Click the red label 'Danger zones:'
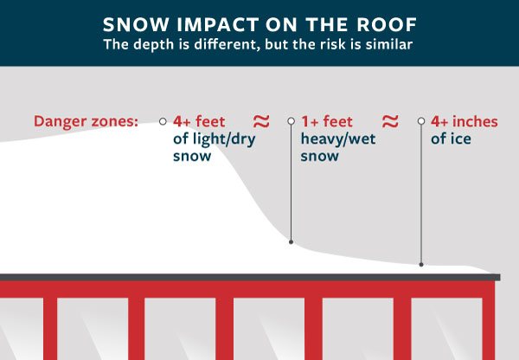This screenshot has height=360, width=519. (x=86, y=121)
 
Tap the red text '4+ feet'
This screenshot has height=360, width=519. (x=199, y=122)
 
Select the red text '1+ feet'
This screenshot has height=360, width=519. (x=327, y=122)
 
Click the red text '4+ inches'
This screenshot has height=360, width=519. (x=464, y=122)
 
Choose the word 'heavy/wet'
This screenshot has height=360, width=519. (x=338, y=139)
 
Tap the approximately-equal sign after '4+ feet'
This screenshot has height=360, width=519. (x=259, y=120)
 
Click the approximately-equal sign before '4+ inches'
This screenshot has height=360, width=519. (x=390, y=120)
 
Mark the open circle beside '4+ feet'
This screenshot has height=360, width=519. (x=163, y=122)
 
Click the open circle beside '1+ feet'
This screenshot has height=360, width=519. (x=292, y=122)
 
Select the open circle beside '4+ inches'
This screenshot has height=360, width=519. (x=421, y=122)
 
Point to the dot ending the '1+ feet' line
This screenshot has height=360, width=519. (x=292, y=242)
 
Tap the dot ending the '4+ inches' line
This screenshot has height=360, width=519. (x=421, y=264)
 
